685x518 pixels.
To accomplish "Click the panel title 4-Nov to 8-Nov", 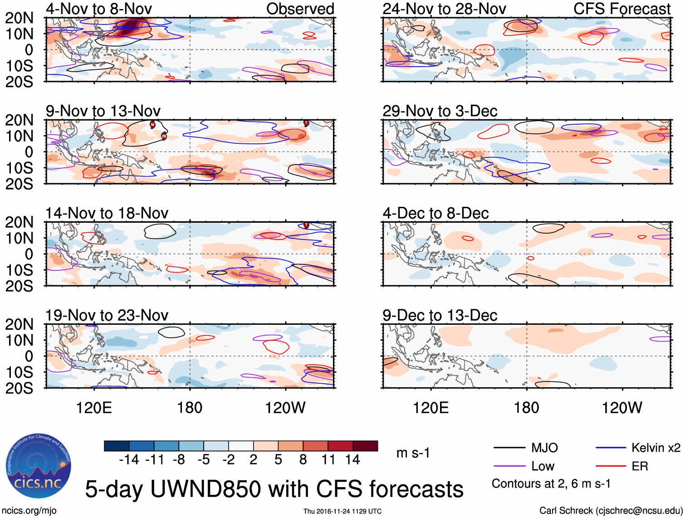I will (99, 9).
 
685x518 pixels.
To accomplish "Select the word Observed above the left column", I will (300, 9).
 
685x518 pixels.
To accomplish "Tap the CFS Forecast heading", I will (621, 9).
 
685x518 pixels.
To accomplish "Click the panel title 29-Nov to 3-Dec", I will (440, 111).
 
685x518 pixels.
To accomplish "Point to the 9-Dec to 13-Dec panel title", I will (440, 315).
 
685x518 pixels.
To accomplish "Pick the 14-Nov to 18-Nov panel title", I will (107, 213).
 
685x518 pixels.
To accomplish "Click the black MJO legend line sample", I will (509, 448).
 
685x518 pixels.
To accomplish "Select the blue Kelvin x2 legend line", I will (611, 448).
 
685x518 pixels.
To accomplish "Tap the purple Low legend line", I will (509, 466).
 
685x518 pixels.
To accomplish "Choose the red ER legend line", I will (611, 466).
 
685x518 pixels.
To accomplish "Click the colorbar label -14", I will (129, 460).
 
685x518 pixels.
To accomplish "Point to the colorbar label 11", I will (328, 460).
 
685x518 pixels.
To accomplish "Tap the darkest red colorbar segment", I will (365, 446).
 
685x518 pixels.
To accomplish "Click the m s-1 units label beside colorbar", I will (413, 453).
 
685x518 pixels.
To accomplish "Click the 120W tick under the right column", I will (621, 408).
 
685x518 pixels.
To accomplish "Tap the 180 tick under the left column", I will (190, 408).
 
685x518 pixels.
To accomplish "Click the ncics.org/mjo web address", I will (29, 511).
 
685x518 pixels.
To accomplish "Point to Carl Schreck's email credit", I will (611, 511).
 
